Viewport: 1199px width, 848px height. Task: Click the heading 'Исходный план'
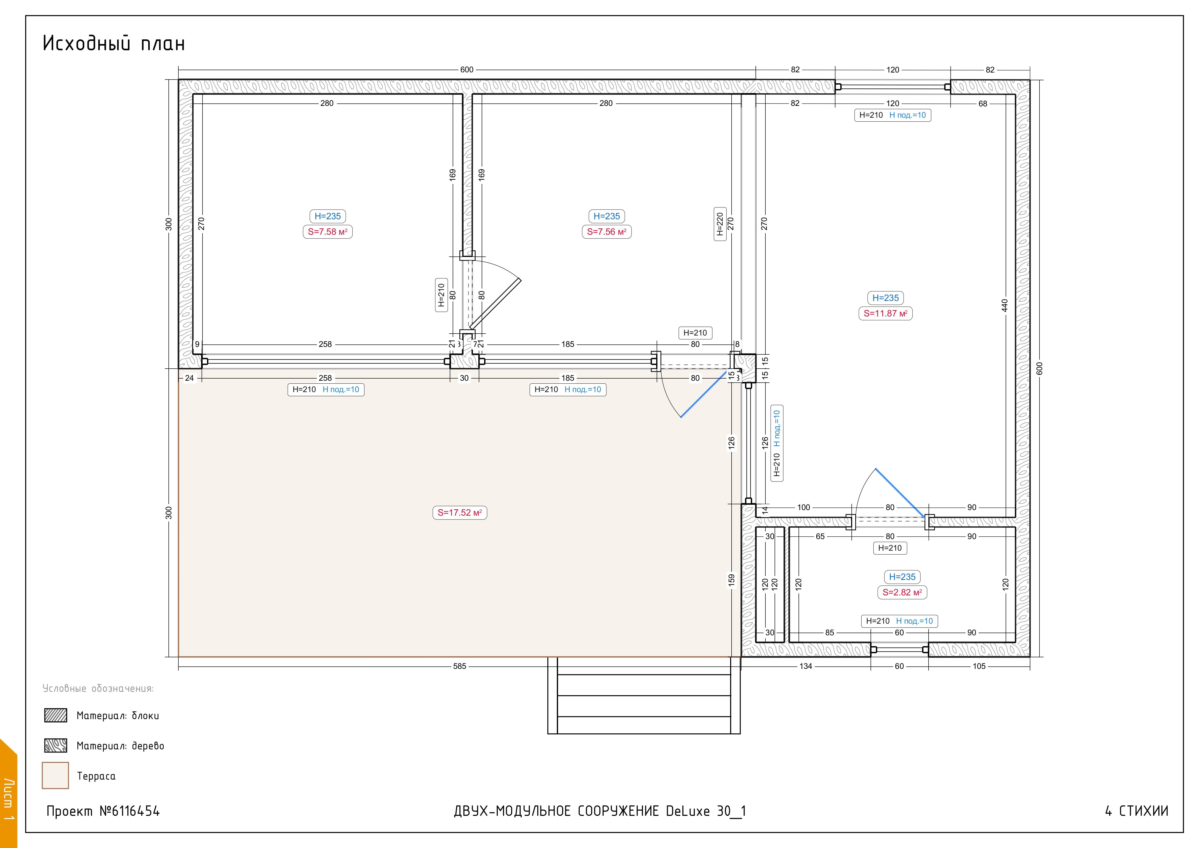coord(114,43)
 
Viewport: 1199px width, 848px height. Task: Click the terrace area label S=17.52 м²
coord(459,513)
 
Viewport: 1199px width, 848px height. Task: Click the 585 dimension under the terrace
coord(459,666)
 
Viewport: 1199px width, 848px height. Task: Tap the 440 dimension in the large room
coord(1005,306)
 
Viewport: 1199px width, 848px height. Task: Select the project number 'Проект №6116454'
coord(103,811)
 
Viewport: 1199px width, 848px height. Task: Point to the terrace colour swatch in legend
coord(55,775)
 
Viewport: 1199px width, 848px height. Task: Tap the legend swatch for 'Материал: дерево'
coord(55,746)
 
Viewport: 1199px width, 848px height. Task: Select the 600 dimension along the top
coord(467,69)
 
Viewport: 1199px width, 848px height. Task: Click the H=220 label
coord(719,224)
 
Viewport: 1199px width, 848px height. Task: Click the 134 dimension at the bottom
coord(806,666)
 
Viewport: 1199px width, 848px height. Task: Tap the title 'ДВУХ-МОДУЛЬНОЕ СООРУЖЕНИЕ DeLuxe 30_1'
coord(600,811)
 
